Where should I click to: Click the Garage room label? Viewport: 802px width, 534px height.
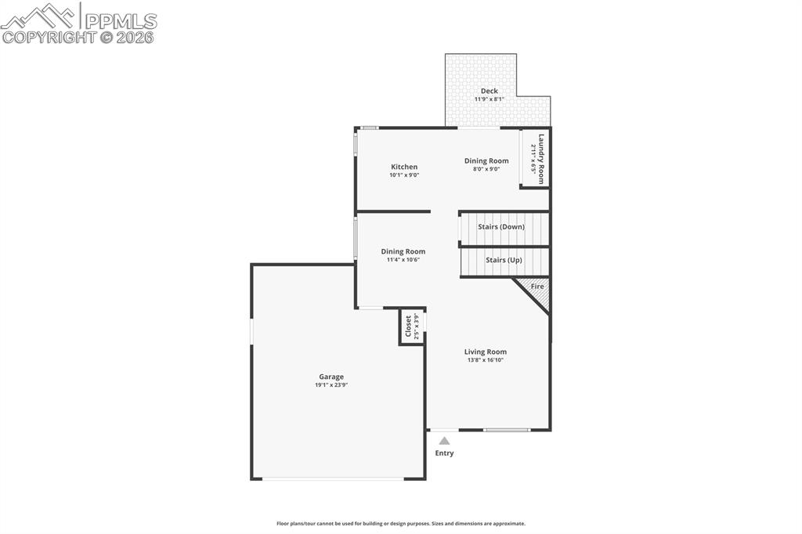pos(331,377)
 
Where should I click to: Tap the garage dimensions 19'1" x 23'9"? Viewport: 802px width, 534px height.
pos(331,385)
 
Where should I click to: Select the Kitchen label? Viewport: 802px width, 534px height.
pos(404,167)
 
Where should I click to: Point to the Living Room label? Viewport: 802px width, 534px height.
pos(486,352)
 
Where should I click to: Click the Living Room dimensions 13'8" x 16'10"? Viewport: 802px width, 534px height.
pos(486,360)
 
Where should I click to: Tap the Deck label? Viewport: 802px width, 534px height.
pos(489,91)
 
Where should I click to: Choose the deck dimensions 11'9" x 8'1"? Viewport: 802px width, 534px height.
pos(489,99)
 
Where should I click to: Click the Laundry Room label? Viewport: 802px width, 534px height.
pos(540,158)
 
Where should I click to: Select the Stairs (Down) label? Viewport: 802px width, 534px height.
pos(501,227)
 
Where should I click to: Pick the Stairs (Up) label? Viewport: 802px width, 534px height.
pos(504,260)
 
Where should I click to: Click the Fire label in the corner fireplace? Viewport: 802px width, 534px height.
pos(537,287)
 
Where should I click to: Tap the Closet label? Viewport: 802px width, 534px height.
pos(408,327)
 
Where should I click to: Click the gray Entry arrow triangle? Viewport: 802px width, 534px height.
pos(444,441)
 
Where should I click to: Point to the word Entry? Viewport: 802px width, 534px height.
pos(444,453)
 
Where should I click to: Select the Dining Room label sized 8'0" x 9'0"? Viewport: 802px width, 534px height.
pos(486,161)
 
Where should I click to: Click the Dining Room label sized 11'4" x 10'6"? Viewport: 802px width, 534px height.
pos(403,251)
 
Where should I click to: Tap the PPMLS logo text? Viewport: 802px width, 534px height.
pos(121,20)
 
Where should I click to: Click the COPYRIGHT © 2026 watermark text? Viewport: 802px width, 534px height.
pos(78,37)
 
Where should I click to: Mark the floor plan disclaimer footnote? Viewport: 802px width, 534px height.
pos(400,524)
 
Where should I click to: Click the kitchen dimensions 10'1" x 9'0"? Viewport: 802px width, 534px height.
pos(404,175)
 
